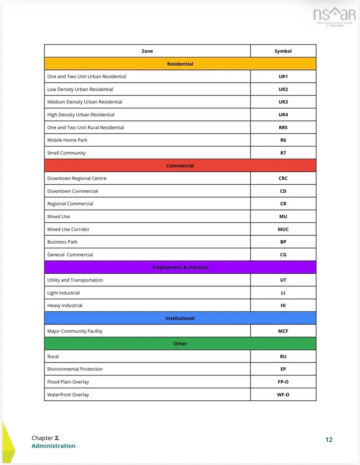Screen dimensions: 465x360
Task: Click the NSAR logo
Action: point(334,17)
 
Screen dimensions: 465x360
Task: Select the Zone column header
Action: point(147,51)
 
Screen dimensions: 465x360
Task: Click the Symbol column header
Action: point(283,51)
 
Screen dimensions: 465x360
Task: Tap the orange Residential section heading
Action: point(180,64)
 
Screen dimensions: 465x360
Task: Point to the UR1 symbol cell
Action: point(283,76)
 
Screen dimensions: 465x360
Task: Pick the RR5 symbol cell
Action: point(283,127)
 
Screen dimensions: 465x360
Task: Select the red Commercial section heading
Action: point(180,165)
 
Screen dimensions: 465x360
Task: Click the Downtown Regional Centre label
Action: point(77,178)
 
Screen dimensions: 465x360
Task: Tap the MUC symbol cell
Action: point(283,229)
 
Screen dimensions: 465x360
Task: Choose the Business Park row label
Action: point(62,242)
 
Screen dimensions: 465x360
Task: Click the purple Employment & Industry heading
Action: point(180,267)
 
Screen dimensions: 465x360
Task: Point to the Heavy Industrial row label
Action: point(65,306)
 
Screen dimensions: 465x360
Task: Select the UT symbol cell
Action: point(283,280)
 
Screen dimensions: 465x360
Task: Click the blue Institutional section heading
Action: point(180,318)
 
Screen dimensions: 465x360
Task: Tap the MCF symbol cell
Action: point(283,331)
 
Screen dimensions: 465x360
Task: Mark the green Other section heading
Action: point(180,344)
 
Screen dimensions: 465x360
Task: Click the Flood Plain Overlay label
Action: point(68,382)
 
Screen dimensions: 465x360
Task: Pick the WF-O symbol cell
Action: point(283,395)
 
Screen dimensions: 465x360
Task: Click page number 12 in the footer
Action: point(329,440)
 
